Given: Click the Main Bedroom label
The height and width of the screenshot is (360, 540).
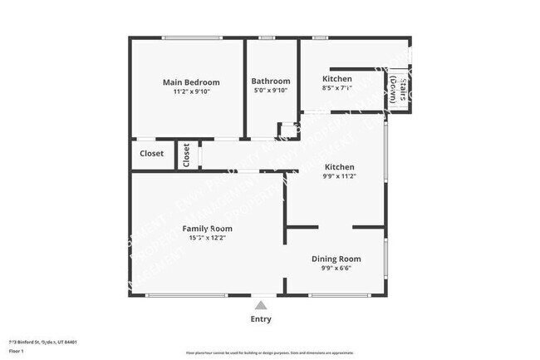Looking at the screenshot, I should (191, 82).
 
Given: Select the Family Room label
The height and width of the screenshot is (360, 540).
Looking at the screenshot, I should (207, 228).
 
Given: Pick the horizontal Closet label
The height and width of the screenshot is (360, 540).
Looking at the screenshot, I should (151, 154).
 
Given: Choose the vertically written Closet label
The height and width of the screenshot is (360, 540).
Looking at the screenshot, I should (187, 155).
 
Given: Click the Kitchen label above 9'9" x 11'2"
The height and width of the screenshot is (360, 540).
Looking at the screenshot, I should (339, 166).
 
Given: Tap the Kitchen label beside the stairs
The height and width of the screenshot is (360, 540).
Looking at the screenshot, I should (336, 79).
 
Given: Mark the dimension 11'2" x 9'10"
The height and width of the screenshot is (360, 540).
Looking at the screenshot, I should (191, 91).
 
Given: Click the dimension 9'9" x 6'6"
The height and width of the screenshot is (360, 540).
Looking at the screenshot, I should (336, 269).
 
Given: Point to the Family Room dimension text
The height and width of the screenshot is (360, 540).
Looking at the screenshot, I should (207, 237).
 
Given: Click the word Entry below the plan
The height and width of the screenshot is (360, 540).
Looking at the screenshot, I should (260, 319).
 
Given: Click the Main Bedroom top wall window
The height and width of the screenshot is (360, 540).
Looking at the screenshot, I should (191, 37).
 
